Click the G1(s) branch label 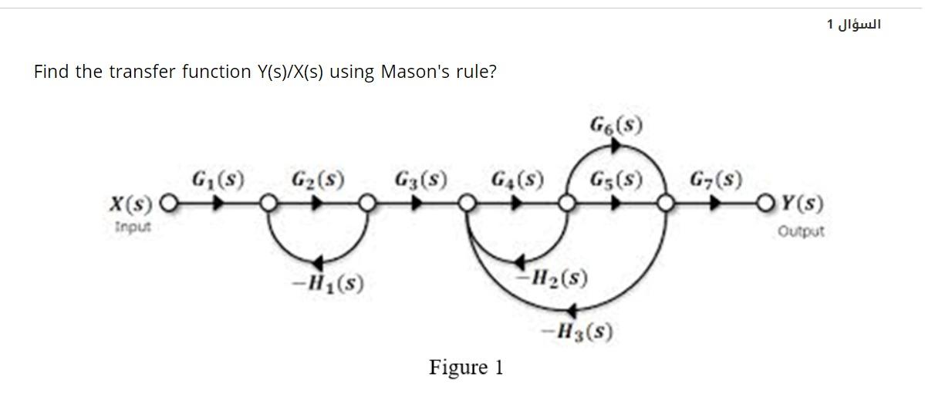[x=218, y=181]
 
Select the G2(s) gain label [x=318, y=181]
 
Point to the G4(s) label [x=518, y=181]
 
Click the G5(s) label [x=616, y=181]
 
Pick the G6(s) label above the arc [x=618, y=125]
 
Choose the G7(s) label [x=717, y=181]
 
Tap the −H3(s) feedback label [x=578, y=332]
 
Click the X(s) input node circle [x=169, y=205]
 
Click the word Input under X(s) [x=133, y=227]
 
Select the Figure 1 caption [x=466, y=367]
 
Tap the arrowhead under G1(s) [x=219, y=205]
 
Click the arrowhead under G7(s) [x=718, y=205]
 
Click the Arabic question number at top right [x=854, y=25]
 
